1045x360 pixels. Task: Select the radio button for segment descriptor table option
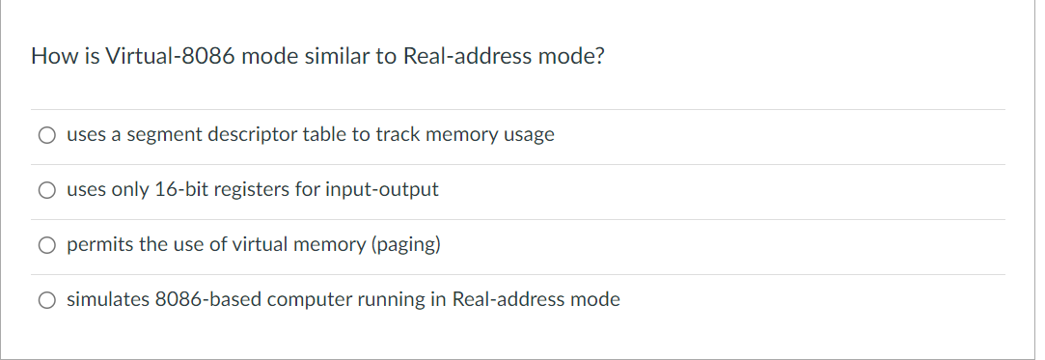(46, 136)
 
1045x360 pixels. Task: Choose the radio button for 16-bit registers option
(46, 191)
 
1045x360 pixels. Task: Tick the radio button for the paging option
(46, 246)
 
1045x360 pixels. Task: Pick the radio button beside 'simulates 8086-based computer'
(46, 301)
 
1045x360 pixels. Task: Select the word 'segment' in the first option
(165, 135)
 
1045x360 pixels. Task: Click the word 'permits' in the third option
(99, 245)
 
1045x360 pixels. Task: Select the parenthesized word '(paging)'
(405, 245)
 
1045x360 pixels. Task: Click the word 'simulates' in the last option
(107, 300)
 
